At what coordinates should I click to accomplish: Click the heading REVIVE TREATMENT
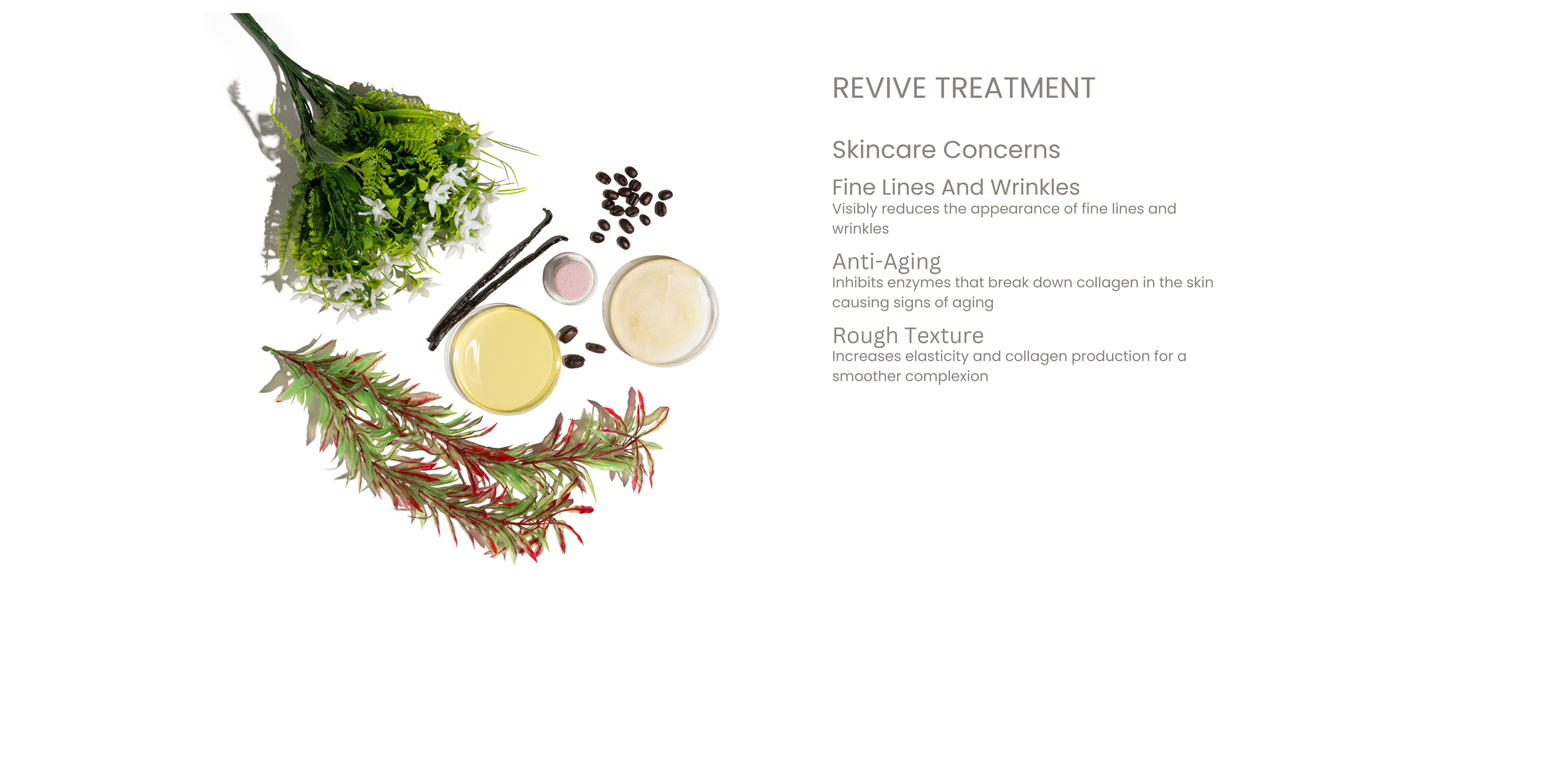[x=963, y=88]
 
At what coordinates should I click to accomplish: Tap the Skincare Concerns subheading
[x=946, y=150]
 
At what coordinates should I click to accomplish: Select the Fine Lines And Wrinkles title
[x=956, y=187]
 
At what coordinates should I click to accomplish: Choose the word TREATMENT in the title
[x=1015, y=88]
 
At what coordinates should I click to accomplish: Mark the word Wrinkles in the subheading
[x=1035, y=187]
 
